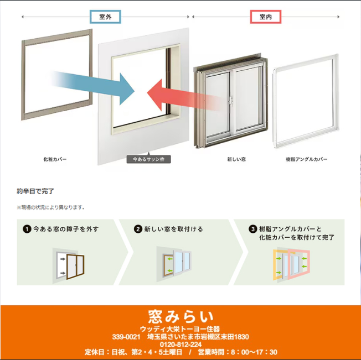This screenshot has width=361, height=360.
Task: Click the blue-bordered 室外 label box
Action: pyautogui.click(x=105, y=17)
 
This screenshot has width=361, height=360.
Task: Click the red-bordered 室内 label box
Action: pyautogui.click(x=265, y=17)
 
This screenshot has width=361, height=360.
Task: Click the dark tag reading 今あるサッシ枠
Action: pyautogui.click(x=148, y=159)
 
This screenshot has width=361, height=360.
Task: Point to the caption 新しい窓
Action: pyautogui.click(x=236, y=159)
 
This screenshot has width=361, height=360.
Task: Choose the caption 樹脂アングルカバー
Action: pyautogui.click(x=307, y=159)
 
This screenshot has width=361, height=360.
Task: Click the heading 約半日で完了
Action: pyautogui.click(x=35, y=191)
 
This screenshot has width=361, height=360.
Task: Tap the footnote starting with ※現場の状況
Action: pyautogui.click(x=51, y=207)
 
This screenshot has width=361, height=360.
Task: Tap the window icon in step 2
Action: pyautogui.click(x=177, y=264)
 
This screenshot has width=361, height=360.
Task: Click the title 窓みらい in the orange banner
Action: pyautogui.click(x=180, y=317)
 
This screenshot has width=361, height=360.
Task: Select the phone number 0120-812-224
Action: pyautogui.click(x=180, y=344)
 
